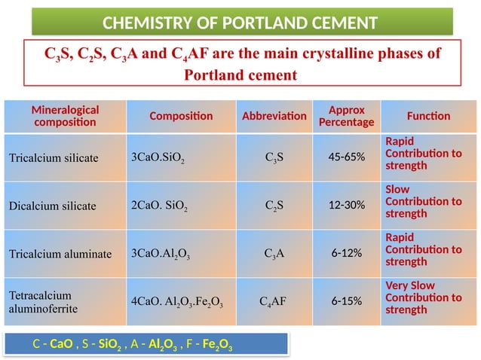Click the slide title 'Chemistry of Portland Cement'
(241, 21)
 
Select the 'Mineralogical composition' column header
(65, 116)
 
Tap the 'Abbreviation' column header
(274, 116)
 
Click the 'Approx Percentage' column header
(346, 116)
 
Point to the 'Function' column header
(428, 116)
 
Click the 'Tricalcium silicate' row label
(54, 158)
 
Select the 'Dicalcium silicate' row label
(52, 206)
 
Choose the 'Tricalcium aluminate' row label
(59, 253)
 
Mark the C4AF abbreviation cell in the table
(274, 301)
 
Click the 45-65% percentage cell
(347, 157)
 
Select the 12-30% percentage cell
(347, 205)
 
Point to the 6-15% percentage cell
(347, 301)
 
